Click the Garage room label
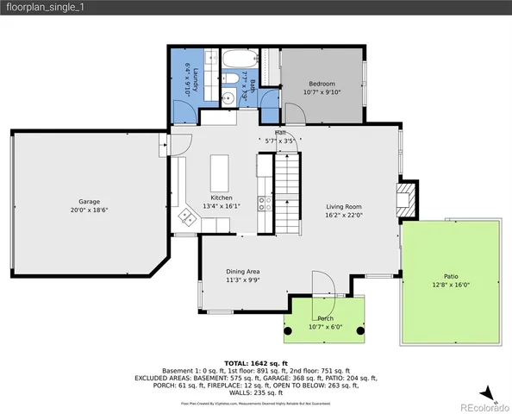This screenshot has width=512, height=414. point(90,202)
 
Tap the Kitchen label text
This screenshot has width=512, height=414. point(222,198)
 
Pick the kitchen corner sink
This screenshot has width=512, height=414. point(185,216)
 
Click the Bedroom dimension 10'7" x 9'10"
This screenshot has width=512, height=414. point(322,91)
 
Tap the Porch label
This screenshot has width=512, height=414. point(325,318)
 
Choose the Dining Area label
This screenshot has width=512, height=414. point(243,271)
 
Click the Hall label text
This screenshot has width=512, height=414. point(280,132)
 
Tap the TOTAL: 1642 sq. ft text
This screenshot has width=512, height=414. point(255,364)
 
